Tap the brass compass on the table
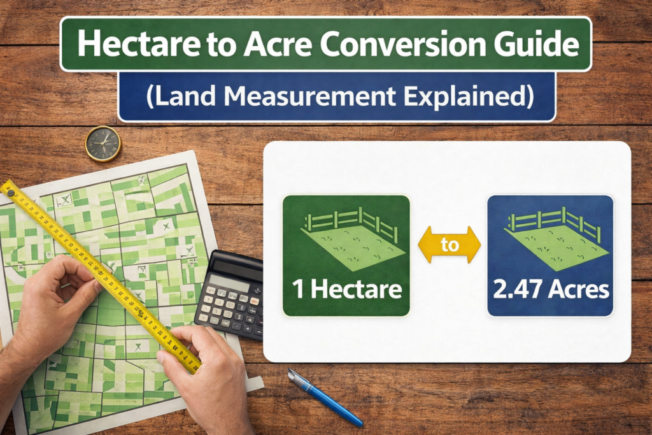[x=103, y=143]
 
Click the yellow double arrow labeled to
[x=449, y=245]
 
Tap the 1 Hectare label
[x=347, y=289]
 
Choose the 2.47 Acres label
[x=551, y=290]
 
